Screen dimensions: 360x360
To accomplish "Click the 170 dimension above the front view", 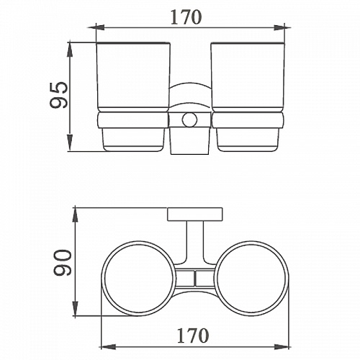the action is (186, 17).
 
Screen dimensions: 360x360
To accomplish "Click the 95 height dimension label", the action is (59, 95).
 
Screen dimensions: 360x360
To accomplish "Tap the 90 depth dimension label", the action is (63, 262).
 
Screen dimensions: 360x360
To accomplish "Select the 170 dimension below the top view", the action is (193, 336).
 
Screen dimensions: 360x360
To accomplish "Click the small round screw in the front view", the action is (189, 120).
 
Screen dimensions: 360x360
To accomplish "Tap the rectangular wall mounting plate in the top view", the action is (195, 214).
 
